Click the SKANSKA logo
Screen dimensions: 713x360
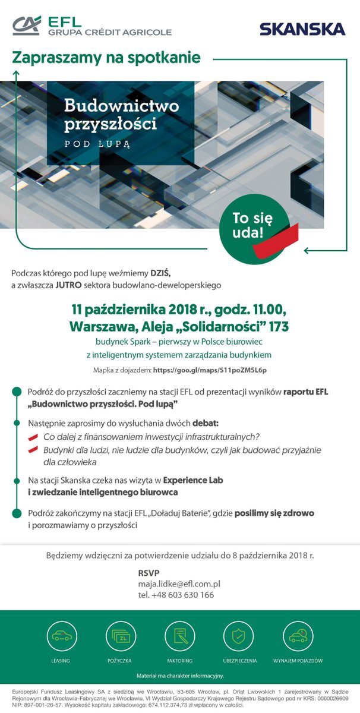302,29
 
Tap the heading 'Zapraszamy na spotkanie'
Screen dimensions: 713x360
106,58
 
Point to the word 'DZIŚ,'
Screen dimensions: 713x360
160,273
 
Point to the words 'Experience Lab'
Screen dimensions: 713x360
193,480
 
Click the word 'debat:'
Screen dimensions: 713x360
206,424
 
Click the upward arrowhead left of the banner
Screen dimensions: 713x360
16,74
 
